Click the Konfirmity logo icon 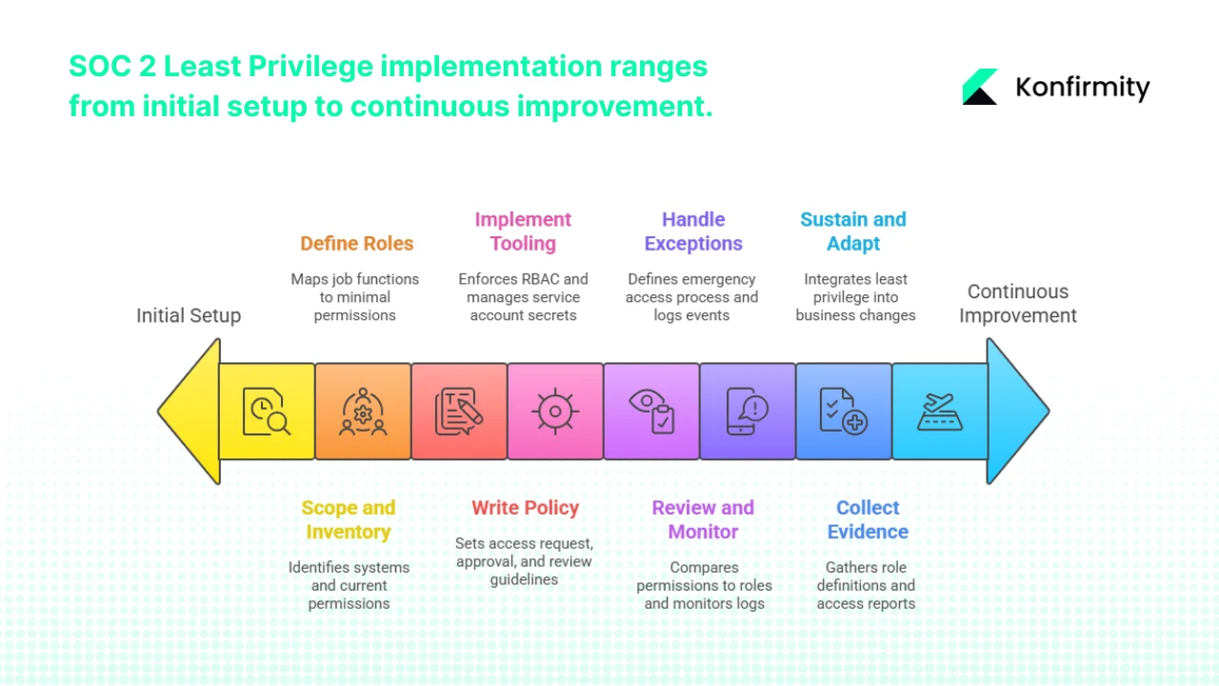pyautogui.click(x=980, y=87)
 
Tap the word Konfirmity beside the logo pyautogui.click(x=1082, y=88)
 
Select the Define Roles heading pyautogui.click(x=356, y=243)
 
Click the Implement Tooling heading pyautogui.click(x=523, y=232)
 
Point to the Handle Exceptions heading pyautogui.click(x=693, y=232)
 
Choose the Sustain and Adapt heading pyautogui.click(x=853, y=232)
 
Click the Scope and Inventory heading pyautogui.click(x=349, y=519)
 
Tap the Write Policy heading pyautogui.click(x=525, y=508)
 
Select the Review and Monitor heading pyautogui.click(x=703, y=519)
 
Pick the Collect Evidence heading pyautogui.click(x=868, y=519)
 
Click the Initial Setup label pyautogui.click(x=189, y=315)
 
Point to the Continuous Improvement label pyautogui.click(x=1018, y=303)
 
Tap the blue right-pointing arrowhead pyautogui.click(x=1016, y=412)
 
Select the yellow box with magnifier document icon pyautogui.click(x=267, y=412)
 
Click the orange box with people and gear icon pyautogui.click(x=363, y=412)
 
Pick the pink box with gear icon pyautogui.click(x=554, y=412)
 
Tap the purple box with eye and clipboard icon pyautogui.click(x=651, y=412)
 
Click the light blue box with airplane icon pyautogui.click(x=939, y=412)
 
